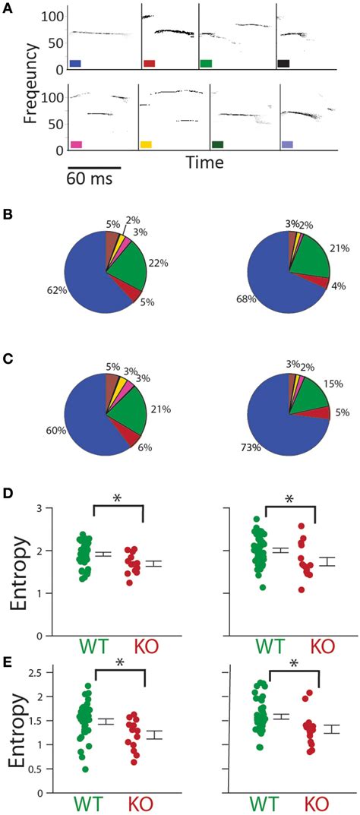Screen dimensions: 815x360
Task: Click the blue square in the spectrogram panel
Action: coord(74,64)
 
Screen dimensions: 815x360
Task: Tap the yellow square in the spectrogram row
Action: coord(146,144)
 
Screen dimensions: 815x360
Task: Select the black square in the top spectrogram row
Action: coord(284,64)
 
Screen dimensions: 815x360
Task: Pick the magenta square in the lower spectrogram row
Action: coord(75,144)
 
